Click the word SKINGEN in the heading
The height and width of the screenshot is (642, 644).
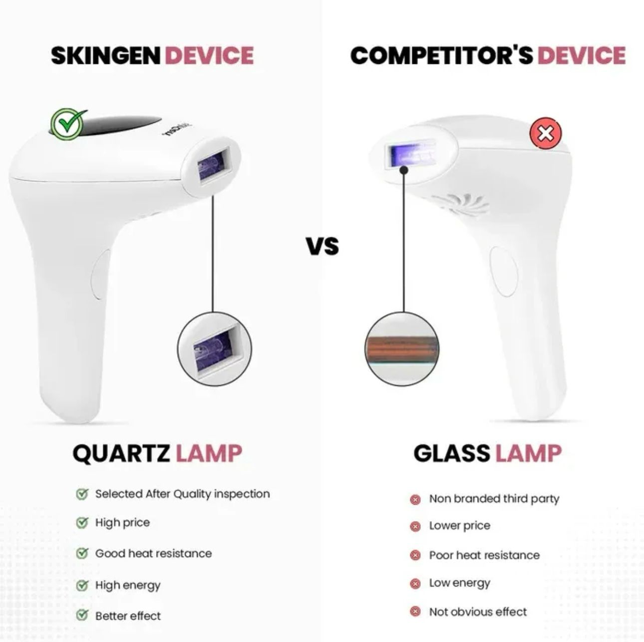click(106, 55)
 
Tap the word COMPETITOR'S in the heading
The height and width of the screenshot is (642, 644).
click(441, 55)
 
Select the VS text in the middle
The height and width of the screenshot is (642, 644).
click(322, 246)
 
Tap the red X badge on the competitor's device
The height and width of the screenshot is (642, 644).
click(546, 133)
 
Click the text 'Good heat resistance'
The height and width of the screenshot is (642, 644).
click(153, 553)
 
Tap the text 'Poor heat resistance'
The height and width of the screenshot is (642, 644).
click(484, 555)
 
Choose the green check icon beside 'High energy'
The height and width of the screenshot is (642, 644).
click(82, 585)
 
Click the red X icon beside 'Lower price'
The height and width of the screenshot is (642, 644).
click(415, 526)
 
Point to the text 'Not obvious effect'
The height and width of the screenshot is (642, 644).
click(478, 612)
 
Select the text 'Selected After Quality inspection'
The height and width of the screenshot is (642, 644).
click(182, 494)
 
